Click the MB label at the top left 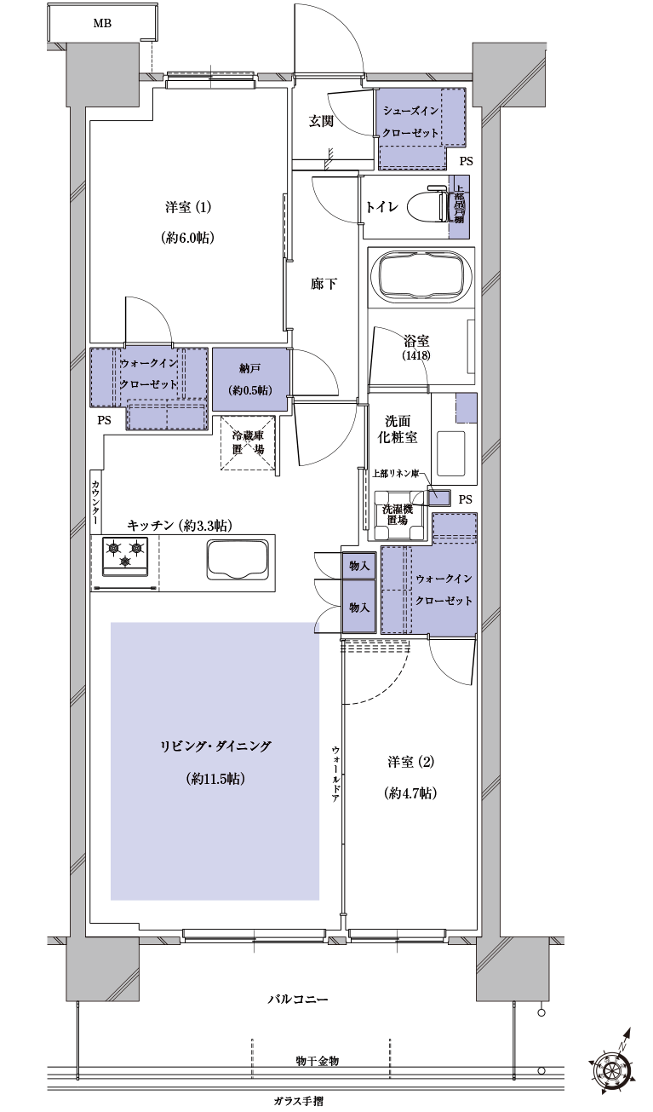click(102, 23)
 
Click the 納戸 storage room click(249, 378)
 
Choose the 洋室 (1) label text click(186, 207)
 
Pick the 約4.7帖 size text click(411, 792)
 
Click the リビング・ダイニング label click(215, 746)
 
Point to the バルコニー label click(297, 998)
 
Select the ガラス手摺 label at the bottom click(298, 1100)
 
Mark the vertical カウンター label click(95, 502)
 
